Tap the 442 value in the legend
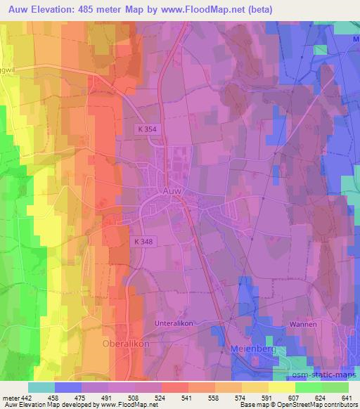(x=25, y=397)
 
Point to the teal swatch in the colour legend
(x=41, y=387)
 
